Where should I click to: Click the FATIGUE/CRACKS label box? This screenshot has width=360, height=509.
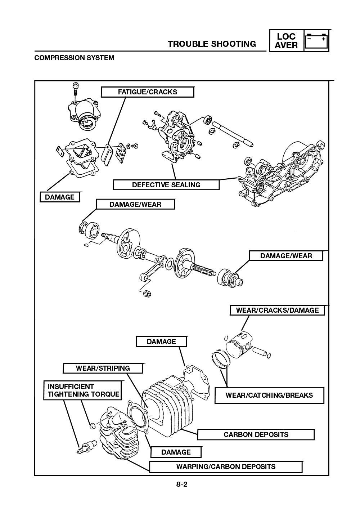tap(147, 92)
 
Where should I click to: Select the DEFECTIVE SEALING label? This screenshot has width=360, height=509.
tap(166, 185)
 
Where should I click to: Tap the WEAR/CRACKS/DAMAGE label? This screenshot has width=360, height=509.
tap(277, 310)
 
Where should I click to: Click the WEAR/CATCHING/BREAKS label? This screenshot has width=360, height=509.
tap(269, 395)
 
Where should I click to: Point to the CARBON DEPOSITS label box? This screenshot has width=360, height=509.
tap(256, 434)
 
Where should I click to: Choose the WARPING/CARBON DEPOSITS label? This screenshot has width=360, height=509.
tap(225, 466)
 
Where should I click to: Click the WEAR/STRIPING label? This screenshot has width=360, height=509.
tap(103, 368)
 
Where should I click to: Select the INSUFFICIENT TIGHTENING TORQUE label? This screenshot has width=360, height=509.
tap(83, 390)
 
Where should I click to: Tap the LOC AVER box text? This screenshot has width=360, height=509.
tap(286, 41)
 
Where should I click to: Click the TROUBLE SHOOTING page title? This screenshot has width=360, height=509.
tap(212, 44)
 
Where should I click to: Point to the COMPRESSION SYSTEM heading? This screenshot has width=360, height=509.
tap(74, 58)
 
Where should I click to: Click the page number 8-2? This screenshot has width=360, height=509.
tap(182, 485)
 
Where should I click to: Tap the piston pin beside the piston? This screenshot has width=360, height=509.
tap(262, 352)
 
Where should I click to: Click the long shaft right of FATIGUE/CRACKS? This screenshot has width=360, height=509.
tap(232, 134)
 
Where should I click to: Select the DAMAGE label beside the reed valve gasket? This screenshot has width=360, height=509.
tap(59, 197)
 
